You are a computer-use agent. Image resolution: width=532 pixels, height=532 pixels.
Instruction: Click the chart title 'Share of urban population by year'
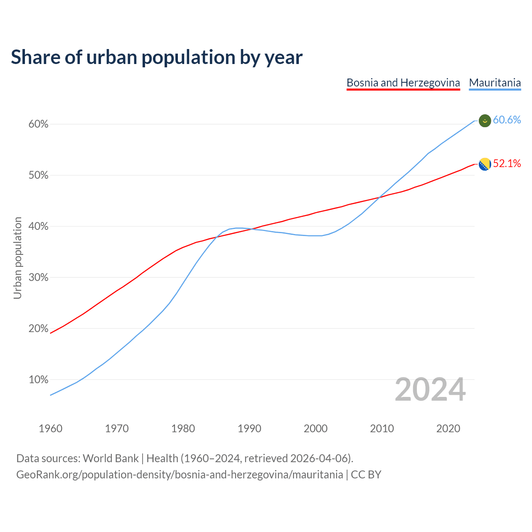[x=157, y=57]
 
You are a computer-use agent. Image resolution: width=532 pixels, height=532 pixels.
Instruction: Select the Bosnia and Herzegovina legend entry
[x=403, y=83]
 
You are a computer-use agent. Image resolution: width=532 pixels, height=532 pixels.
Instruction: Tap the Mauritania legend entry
[x=495, y=83]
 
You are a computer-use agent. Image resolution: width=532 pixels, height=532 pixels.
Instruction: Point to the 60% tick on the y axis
[x=38, y=124]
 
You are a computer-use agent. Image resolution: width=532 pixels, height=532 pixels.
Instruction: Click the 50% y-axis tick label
[x=38, y=175]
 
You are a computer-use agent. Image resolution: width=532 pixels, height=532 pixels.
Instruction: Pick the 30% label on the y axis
[x=38, y=278]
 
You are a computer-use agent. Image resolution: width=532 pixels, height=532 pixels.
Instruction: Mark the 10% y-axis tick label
[x=38, y=380]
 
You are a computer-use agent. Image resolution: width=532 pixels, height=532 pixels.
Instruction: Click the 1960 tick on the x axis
[x=50, y=429]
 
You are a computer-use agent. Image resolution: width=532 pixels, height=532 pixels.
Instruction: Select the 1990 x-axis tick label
[x=249, y=429]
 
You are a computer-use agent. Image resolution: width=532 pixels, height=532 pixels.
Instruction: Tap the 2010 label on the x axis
[x=382, y=429]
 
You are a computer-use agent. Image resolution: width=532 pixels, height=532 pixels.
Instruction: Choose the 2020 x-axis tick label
[x=448, y=429]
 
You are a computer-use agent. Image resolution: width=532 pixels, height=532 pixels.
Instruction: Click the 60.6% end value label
[x=507, y=120]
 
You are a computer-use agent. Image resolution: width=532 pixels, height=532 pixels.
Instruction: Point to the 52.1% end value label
[x=507, y=164]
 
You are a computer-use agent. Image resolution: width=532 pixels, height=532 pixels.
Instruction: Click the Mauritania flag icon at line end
[x=485, y=121]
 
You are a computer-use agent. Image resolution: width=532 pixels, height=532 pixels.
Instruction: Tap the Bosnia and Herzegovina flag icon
[x=485, y=165]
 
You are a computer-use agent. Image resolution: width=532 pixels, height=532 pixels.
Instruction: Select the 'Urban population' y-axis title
[x=17, y=258]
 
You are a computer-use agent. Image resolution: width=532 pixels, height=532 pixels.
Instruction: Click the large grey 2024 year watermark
[x=430, y=390]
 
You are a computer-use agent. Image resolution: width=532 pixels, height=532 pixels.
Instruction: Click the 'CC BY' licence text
[x=366, y=475]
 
